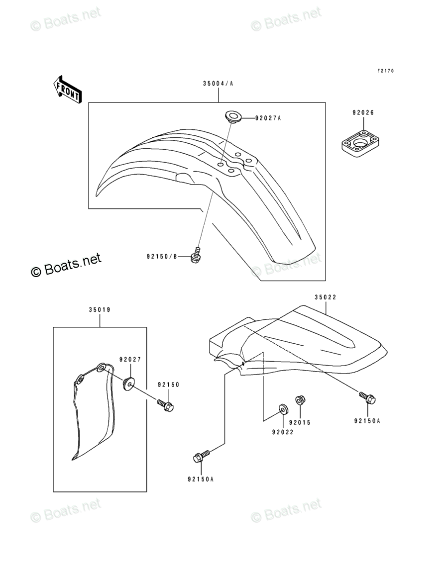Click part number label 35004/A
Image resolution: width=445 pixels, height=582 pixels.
pos(218,84)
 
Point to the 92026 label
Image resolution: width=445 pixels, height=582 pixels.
pos(363,112)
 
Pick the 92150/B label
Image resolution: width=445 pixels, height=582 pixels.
pos(162,257)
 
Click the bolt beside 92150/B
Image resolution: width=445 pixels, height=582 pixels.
pos(196,255)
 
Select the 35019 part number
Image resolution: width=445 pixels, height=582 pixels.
pos(100,310)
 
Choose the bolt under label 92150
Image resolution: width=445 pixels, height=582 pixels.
pos(166,405)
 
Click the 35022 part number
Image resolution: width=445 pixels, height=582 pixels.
pos(325,297)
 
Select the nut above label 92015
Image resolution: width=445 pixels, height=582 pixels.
pos(300,399)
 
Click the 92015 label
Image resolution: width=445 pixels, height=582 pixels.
pos(300,422)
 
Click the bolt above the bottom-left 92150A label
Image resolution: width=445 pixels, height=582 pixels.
pos(201,456)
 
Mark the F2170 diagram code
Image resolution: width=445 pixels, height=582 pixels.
pos(385,71)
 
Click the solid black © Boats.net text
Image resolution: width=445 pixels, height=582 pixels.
pos(66,265)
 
